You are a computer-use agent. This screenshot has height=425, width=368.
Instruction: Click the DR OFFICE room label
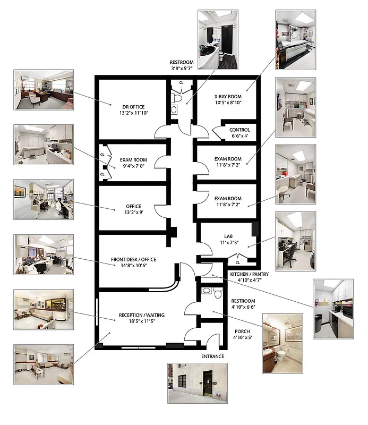(133, 107)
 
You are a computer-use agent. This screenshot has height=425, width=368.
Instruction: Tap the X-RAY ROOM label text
(228, 97)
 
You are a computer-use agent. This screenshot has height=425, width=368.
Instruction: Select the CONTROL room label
(239, 130)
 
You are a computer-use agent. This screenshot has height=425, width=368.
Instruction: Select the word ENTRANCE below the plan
(212, 356)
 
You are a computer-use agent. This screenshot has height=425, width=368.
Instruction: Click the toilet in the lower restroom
(218, 293)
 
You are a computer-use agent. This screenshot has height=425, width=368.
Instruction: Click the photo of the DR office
(42, 90)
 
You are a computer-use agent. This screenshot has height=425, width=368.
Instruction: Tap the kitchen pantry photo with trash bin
(333, 309)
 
